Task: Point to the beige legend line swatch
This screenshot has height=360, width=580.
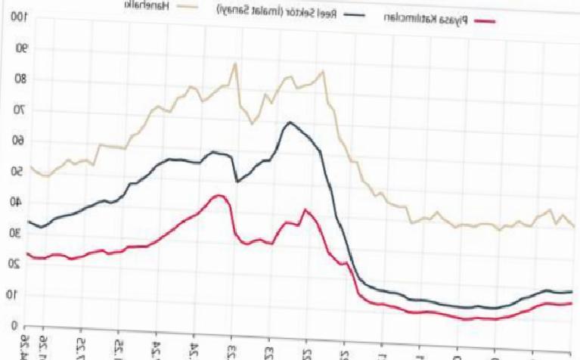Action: click(x=181, y=7)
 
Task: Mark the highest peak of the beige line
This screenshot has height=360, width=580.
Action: click(x=235, y=64)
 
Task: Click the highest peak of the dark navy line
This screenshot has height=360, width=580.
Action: click(x=290, y=123)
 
